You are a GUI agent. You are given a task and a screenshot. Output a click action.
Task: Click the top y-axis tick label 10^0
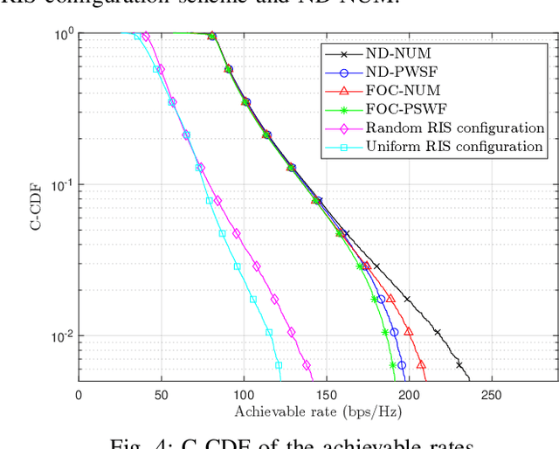click(x=62, y=34)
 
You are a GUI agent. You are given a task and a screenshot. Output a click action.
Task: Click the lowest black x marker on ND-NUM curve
click(x=459, y=365)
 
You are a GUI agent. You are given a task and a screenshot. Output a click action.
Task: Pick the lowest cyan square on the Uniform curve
click(x=279, y=366)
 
